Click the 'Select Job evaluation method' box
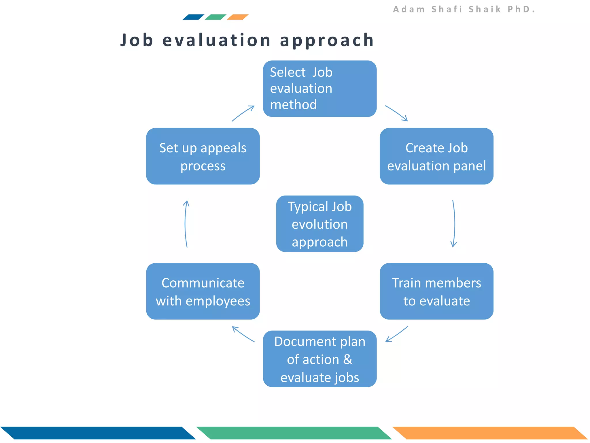(319, 89)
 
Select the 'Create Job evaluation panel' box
(436, 156)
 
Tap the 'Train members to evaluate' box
(436, 291)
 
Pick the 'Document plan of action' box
(319, 359)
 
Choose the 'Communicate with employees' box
(203, 291)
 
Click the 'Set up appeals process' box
(203, 156)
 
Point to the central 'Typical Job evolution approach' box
(319, 224)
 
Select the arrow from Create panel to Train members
(454, 224)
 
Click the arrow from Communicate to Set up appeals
(185, 224)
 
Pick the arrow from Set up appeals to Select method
(243, 113)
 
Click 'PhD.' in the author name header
(521, 9)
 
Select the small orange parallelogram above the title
(238, 17)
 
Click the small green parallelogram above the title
(215, 17)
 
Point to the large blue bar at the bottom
(98, 433)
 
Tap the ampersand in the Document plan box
(348, 359)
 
